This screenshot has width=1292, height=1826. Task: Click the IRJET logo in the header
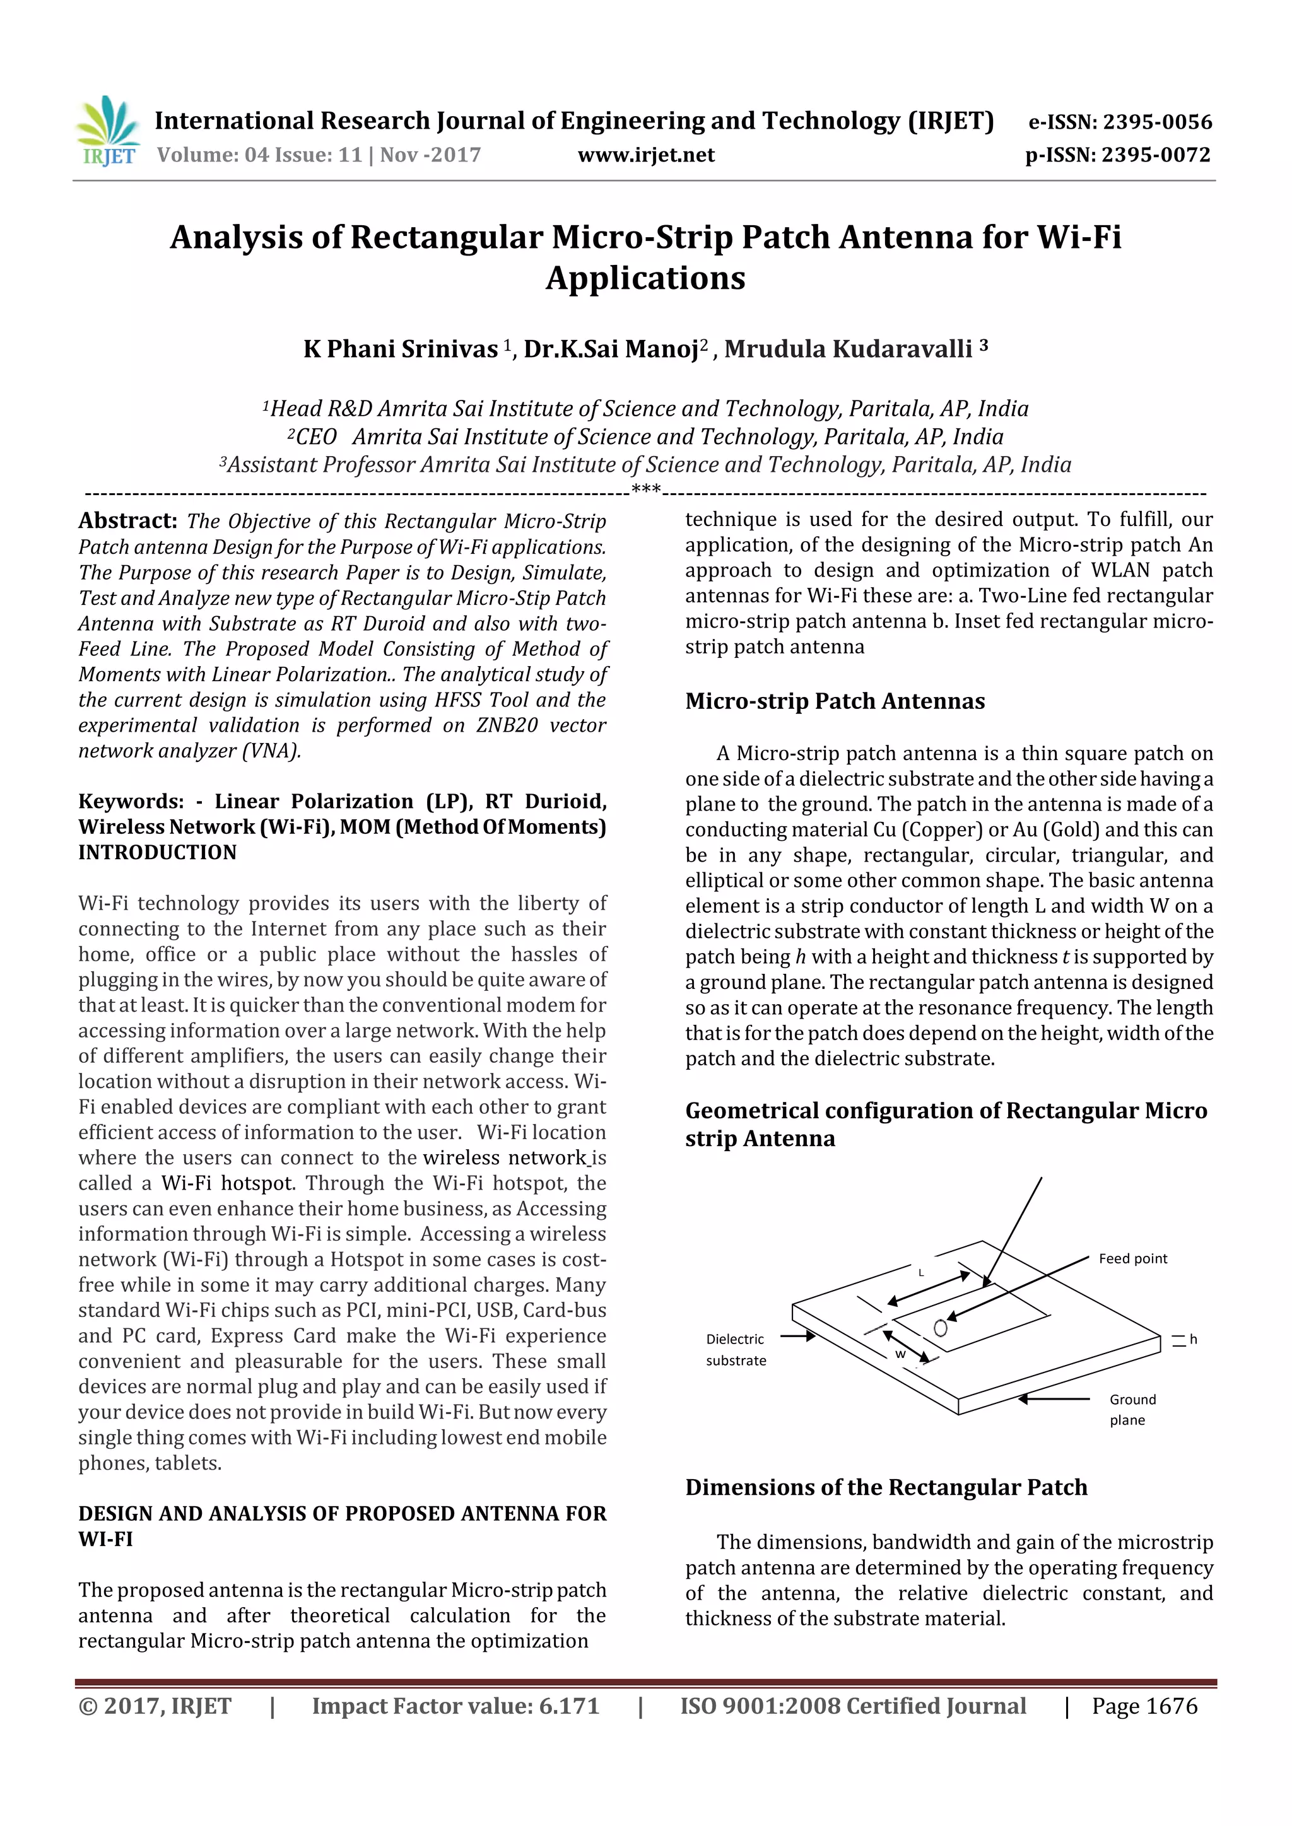(x=109, y=131)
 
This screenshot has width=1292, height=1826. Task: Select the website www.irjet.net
(x=645, y=155)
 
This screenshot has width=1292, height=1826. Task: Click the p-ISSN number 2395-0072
(x=1155, y=155)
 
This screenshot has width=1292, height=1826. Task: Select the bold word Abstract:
(x=127, y=520)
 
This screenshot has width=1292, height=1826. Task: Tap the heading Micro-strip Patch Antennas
(x=835, y=701)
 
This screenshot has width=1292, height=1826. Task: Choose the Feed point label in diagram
(x=1132, y=1258)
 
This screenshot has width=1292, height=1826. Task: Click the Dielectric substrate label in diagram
(x=736, y=1350)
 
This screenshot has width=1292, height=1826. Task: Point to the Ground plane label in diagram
(x=1132, y=1409)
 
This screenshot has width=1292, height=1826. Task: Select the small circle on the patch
(x=941, y=1327)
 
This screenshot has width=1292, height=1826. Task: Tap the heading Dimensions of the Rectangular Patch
(x=886, y=1487)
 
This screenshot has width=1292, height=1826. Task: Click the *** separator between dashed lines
(x=645, y=489)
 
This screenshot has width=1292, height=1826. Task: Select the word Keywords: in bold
(x=131, y=801)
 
